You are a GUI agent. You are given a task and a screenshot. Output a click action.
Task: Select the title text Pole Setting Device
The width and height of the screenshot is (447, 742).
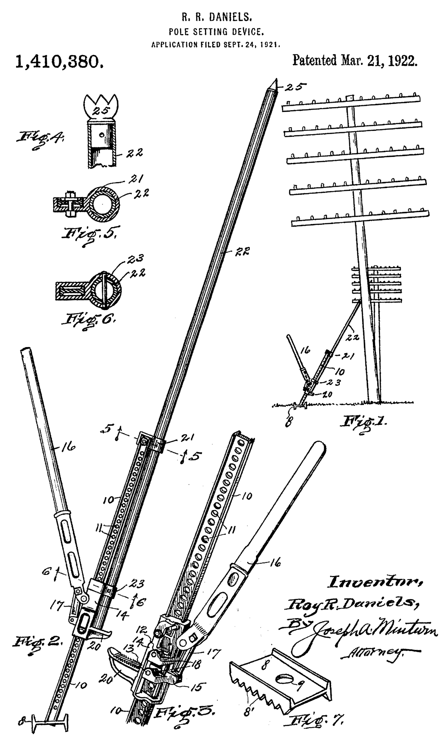216,32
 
